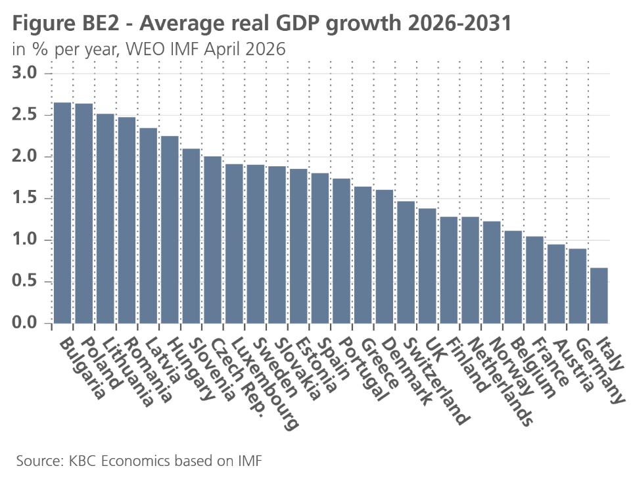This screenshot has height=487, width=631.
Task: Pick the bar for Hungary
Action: point(170,229)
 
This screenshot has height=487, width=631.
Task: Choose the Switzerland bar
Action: point(406,262)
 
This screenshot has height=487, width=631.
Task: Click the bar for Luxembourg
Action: point(234,244)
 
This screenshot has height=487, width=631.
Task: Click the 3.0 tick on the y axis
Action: point(28,73)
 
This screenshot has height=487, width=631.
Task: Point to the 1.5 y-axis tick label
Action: point(28,198)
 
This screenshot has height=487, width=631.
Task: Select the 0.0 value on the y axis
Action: point(28,323)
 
